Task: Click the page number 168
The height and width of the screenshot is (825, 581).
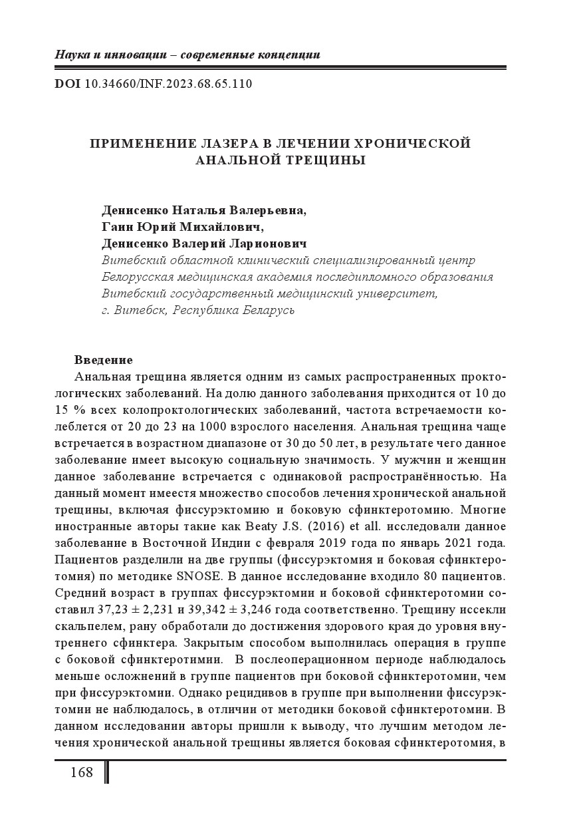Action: [81, 772]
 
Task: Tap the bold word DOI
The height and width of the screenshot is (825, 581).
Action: [68, 85]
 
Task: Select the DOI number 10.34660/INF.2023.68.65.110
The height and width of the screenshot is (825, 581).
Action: [169, 85]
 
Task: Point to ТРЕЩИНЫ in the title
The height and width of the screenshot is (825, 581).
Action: [328, 160]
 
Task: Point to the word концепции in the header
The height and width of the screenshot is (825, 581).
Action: [289, 55]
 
